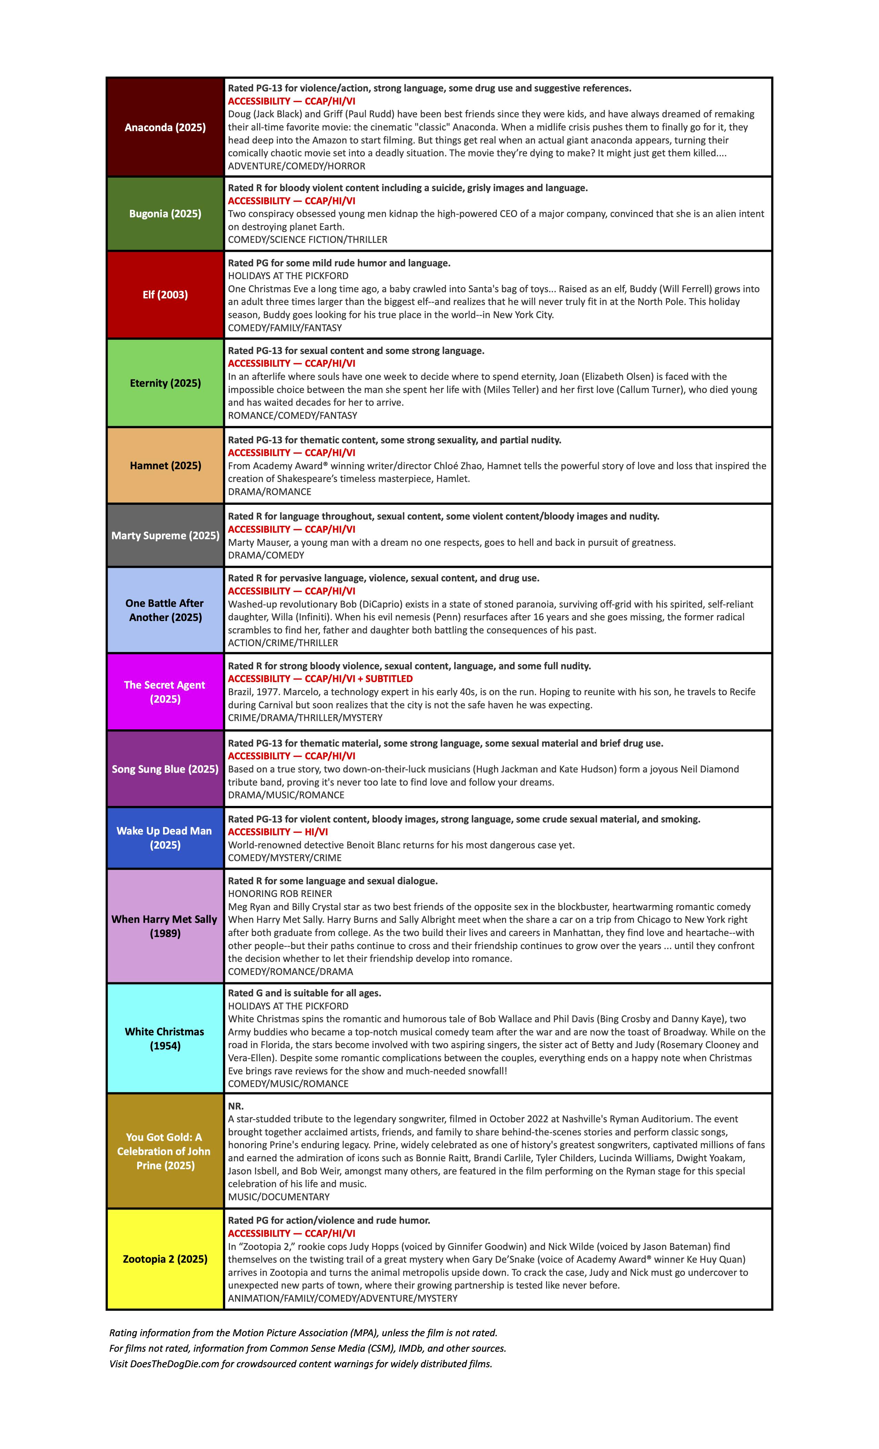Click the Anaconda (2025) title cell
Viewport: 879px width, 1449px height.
click(165, 127)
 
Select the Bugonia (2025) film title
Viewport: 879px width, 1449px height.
click(165, 214)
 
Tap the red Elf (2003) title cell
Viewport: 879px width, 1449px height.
click(165, 295)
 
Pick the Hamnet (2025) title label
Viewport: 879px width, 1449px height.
click(165, 465)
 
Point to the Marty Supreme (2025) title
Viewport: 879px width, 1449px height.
click(165, 535)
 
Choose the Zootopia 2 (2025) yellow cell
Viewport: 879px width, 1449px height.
click(165, 1259)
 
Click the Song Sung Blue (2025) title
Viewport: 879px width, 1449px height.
click(165, 769)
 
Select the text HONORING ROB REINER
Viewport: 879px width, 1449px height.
click(280, 893)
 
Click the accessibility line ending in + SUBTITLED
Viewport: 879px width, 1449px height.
click(320, 679)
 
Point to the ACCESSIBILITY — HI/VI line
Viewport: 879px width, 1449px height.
click(278, 831)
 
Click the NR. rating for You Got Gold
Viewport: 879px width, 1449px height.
click(236, 1106)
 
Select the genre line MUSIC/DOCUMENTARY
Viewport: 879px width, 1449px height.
click(279, 1197)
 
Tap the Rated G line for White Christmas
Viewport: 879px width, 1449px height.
click(304, 993)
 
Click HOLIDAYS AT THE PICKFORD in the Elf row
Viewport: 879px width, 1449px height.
click(288, 276)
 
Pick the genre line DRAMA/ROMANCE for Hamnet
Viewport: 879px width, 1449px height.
click(269, 492)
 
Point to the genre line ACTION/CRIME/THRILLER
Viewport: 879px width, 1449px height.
click(283, 643)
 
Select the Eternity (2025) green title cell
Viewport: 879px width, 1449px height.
click(165, 383)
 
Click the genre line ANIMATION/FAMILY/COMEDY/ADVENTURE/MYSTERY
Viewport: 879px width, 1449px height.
click(343, 1298)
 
